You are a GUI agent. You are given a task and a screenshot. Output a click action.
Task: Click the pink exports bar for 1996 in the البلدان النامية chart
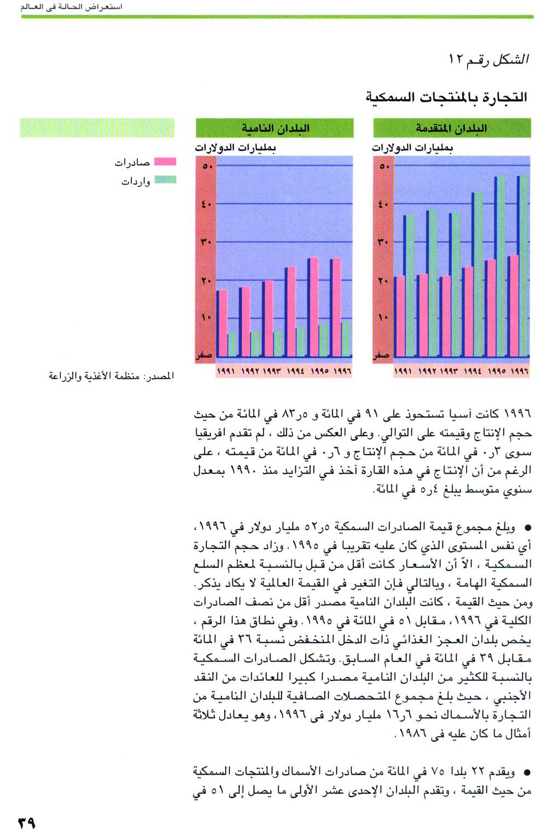[335, 307]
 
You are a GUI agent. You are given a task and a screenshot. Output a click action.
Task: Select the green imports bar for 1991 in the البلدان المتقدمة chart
[410, 285]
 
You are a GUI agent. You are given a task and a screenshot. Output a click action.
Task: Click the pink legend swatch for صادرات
[165, 162]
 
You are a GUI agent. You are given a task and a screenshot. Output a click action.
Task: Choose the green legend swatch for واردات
[165, 180]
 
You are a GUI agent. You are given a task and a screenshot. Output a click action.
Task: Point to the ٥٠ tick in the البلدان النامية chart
[207, 166]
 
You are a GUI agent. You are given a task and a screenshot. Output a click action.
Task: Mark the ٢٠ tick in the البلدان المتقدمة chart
[383, 281]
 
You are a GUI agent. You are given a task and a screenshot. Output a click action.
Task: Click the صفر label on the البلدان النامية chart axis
[205, 355]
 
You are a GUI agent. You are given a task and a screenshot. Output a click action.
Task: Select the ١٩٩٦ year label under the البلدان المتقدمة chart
[519, 371]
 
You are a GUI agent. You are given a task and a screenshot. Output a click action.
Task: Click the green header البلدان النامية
[274, 128]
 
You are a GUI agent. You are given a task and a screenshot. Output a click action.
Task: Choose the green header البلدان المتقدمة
[452, 128]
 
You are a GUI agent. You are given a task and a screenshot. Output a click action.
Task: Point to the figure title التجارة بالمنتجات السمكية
[446, 98]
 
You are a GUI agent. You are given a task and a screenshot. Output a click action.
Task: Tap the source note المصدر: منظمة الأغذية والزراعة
[111, 376]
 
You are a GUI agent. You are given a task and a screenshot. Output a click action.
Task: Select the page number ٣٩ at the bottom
[26, 822]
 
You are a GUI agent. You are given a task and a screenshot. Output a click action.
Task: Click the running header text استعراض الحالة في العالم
[71, 7]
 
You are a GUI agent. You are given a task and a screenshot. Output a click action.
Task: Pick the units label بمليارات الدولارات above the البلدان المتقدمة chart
[412, 147]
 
